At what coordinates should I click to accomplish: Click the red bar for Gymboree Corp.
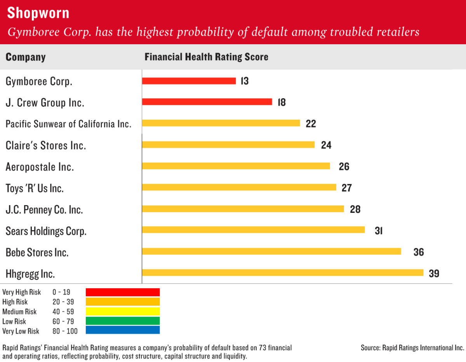[189, 81]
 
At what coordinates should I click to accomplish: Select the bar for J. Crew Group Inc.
[207, 102]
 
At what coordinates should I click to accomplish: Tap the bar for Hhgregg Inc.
[283, 273]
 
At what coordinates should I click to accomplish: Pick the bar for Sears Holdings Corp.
[253, 230]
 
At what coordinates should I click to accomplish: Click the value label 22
[311, 124]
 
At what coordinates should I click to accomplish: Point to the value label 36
[419, 252]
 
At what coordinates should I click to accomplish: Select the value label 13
[244, 81]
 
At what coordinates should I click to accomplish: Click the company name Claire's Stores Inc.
[46, 146]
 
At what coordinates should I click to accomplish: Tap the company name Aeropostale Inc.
[40, 167]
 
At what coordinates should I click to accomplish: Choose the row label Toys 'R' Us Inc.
[35, 188]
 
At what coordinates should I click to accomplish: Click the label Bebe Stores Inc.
[37, 252]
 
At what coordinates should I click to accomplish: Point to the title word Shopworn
[38, 13]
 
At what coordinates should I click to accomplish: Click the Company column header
[26, 57]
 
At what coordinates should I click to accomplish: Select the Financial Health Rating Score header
[206, 57]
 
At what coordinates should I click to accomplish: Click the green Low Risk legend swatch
[123, 321]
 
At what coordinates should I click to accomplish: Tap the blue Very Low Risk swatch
[123, 331]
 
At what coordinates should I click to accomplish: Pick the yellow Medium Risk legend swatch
[123, 311]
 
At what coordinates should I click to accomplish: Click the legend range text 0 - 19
[61, 292]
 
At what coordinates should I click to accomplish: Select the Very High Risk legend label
[21, 292]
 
